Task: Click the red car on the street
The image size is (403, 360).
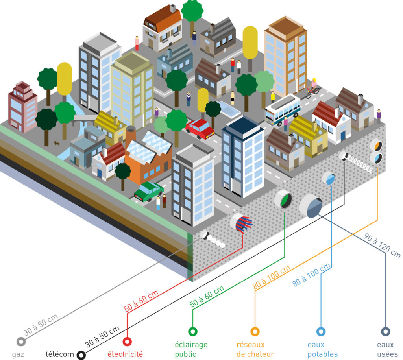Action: (200, 129)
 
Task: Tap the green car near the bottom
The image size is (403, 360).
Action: (149, 192)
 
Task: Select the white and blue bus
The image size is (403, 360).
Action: (283, 110)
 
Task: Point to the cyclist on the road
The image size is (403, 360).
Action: (313, 89)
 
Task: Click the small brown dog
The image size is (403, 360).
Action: (57, 143)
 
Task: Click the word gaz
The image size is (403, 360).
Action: (18, 354)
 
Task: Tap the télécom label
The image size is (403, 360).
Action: (60, 354)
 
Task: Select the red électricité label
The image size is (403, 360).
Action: (125, 354)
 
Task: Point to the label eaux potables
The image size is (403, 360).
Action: (323, 349)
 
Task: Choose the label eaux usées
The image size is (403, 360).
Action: (387, 349)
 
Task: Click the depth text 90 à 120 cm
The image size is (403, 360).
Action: (382, 246)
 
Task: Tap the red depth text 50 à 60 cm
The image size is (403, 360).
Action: (141, 301)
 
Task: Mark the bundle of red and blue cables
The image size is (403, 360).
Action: (242, 223)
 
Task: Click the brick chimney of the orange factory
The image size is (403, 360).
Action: (130, 136)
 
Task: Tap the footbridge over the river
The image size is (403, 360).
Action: (83, 119)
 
